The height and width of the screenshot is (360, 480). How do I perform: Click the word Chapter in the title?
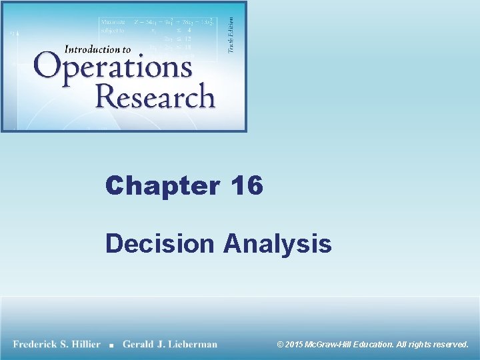[x=161, y=187]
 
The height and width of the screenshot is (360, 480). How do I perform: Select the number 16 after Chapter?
[x=248, y=187]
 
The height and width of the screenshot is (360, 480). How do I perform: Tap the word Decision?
[x=161, y=244]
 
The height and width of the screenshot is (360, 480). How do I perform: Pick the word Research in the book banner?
[x=155, y=97]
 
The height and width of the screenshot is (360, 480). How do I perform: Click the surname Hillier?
[x=85, y=345]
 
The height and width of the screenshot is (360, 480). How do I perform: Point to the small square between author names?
[x=111, y=346]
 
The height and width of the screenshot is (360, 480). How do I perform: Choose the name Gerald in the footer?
[x=138, y=345]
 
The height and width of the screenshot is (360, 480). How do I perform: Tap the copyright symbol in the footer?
[x=280, y=345]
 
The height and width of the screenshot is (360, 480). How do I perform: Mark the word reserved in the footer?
[x=451, y=345]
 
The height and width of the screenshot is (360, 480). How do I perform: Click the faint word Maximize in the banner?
[x=114, y=21]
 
